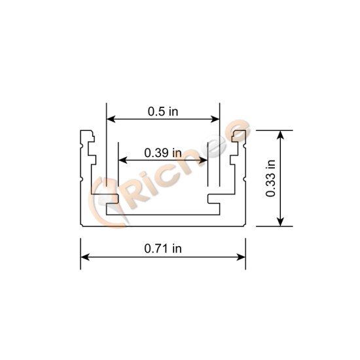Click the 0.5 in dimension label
pyautogui.click(x=162, y=111)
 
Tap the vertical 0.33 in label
pyautogui.click(x=272, y=178)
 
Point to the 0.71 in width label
pyautogui.click(x=162, y=248)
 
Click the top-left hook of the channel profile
pyautogui.click(x=87, y=138)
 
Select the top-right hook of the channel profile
pyautogui.click(x=239, y=137)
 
